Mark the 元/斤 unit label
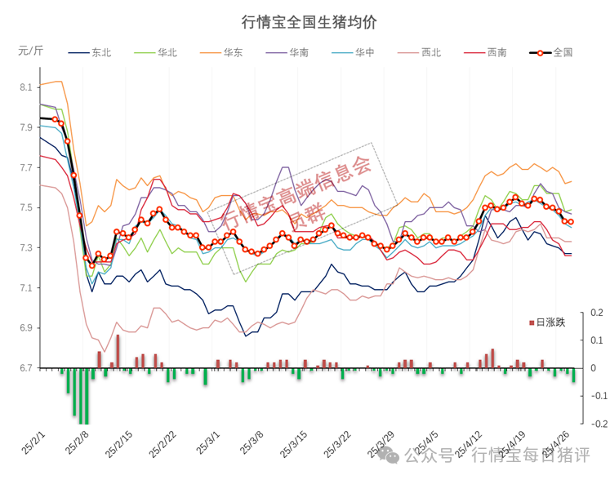[x=31, y=50]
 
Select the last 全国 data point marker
[x=571, y=222]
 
